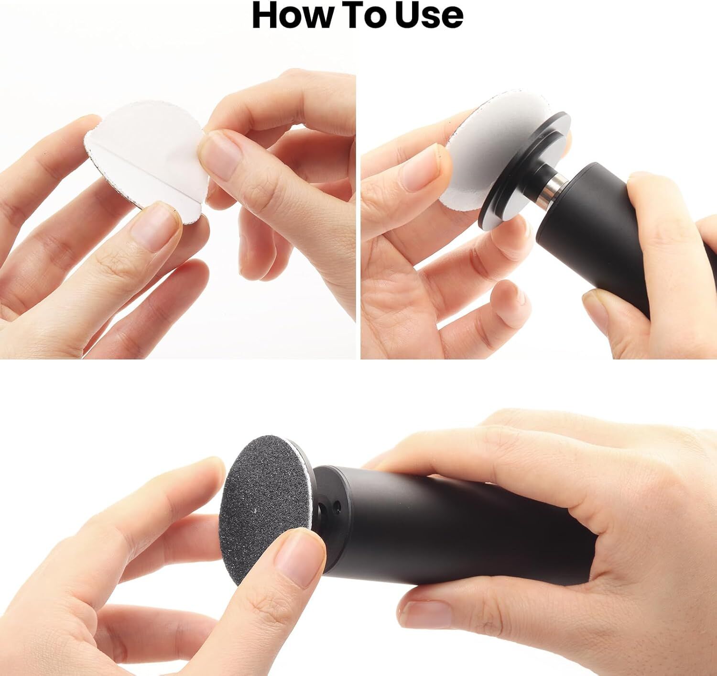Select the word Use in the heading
pos(429,15)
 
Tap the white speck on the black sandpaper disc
pos(256,511)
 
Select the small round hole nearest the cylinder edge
pos(338,508)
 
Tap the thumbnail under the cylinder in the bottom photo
pos(425,615)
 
